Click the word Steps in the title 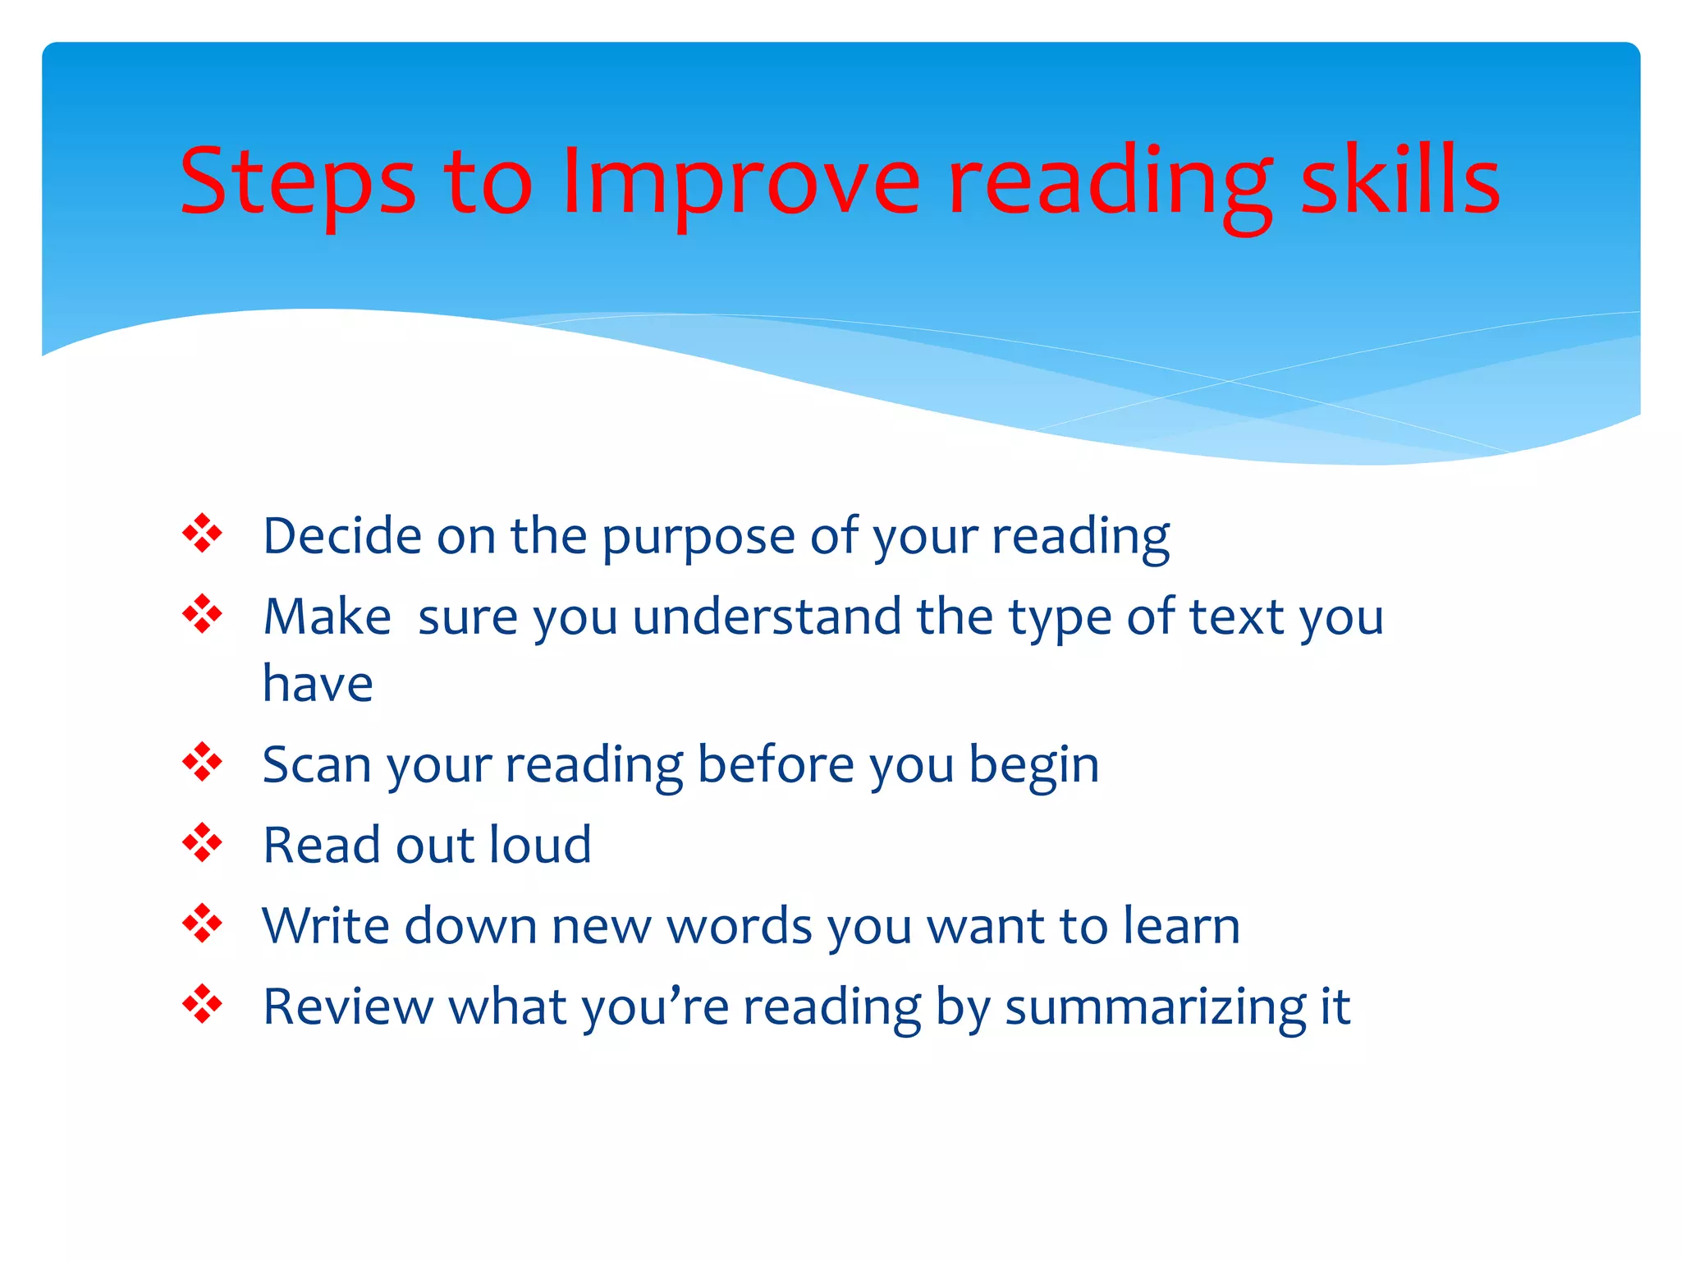[297, 182]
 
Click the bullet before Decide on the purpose [202, 534]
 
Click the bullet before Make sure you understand [202, 614]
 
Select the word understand [767, 617]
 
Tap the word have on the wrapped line [318, 684]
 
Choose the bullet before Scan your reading [202, 763]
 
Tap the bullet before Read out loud [202, 842]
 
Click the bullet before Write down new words [202, 924]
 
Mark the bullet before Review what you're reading [202, 1004]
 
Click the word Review [349, 1007]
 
